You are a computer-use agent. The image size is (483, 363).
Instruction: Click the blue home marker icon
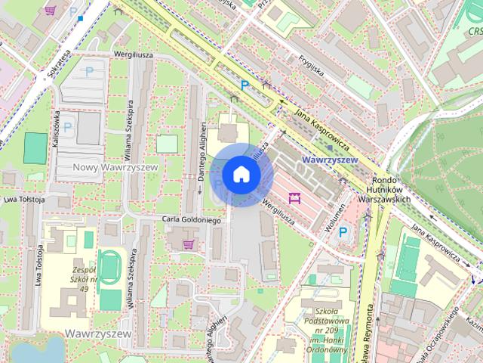click(x=240, y=174)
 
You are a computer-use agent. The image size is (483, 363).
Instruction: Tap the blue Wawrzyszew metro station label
click(x=328, y=160)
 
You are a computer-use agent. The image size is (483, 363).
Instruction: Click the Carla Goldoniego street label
click(x=191, y=220)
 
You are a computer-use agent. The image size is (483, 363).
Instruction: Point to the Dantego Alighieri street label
click(x=202, y=152)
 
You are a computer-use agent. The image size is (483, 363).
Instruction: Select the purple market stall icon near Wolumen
click(x=294, y=199)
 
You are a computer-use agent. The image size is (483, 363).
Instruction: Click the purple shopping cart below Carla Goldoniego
click(x=188, y=244)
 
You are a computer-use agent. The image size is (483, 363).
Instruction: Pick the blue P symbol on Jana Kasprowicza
click(x=244, y=86)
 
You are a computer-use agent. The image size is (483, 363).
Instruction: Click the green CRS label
click(x=475, y=31)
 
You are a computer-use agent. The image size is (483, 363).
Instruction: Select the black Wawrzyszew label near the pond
click(x=97, y=333)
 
